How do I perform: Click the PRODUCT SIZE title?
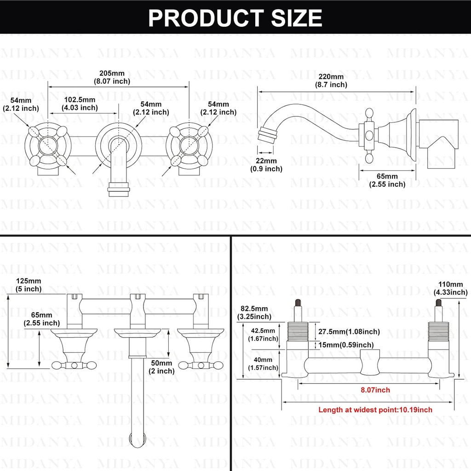coord(235,17)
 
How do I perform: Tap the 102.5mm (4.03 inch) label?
coord(80,103)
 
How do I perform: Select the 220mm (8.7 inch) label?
coord(331,80)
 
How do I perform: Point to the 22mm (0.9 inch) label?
coord(267,165)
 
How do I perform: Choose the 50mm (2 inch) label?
coord(162,367)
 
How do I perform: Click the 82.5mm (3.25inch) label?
coord(253,312)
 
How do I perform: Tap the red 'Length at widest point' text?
coord(375,409)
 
